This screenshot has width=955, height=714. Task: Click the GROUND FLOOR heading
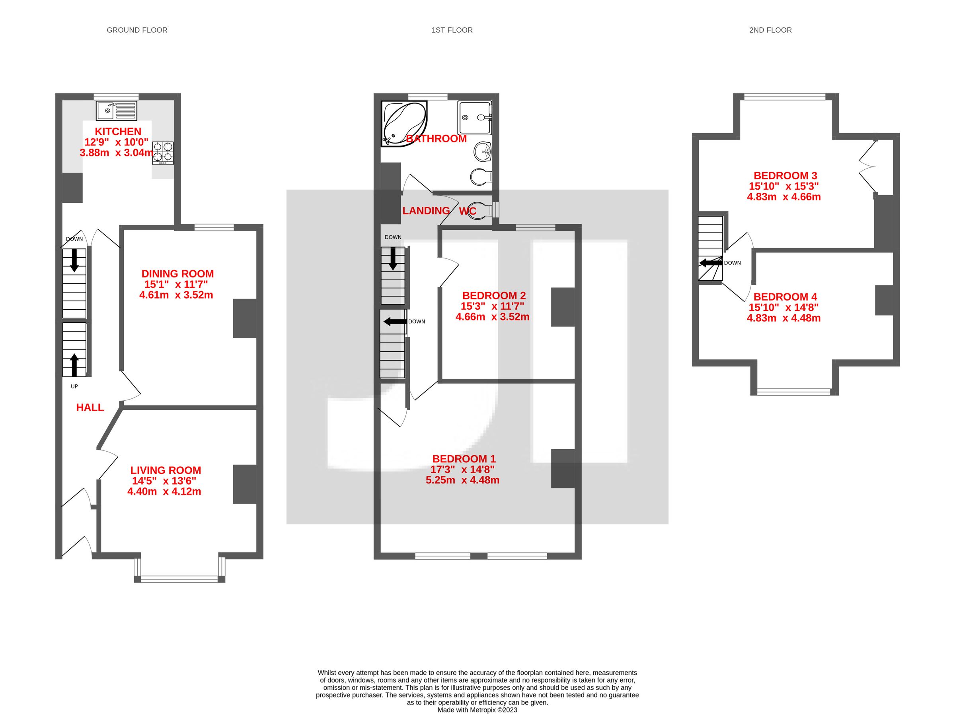click(137, 30)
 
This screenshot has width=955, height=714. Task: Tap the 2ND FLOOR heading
click(770, 30)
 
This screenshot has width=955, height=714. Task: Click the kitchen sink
click(116, 111)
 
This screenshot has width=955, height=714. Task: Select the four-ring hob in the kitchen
click(163, 153)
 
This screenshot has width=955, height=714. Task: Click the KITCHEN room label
click(118, 132)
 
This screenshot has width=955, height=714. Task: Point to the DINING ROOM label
click(177, 274)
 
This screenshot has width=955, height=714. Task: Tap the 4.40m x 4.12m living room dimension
click(164, 491)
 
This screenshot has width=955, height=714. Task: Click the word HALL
click(90, 407)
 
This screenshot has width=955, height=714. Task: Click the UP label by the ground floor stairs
click(74, 386)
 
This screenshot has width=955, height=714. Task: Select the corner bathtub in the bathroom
click(403, 124)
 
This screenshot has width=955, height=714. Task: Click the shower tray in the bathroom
click(474, 117)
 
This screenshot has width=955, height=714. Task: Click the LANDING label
click(426, 211)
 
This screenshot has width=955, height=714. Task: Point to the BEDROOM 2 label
click(494, 296)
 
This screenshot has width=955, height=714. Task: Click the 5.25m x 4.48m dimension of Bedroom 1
click(462, 480)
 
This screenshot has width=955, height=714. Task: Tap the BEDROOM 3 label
click(785, 176)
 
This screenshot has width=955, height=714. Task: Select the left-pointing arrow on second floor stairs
click(710, 262)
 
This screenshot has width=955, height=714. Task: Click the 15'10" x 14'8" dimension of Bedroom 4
click(783, 308)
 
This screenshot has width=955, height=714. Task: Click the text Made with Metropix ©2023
click(477, 710)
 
